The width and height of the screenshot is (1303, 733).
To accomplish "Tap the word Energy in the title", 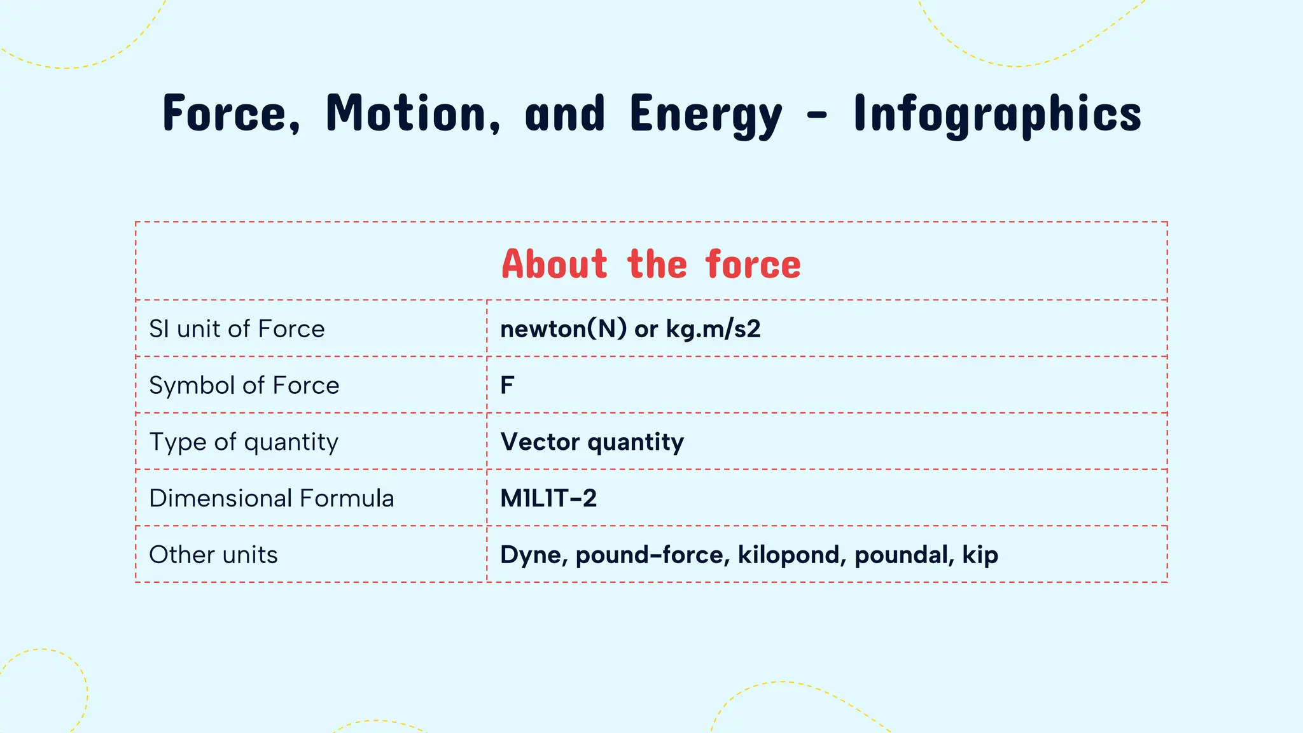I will click(706, 115).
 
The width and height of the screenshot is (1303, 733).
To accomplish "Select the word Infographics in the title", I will click(997, 115).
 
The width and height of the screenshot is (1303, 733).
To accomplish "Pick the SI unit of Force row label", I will click(237, 329).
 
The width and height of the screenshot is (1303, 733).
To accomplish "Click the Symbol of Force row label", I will click(244, 385).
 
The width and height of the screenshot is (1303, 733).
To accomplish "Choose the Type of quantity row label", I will click(244, 442).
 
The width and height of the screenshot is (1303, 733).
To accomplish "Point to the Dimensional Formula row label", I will click(271, 498).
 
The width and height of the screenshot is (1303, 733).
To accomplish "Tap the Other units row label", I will click(213, 555).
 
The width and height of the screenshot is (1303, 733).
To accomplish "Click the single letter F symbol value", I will click(507, 385).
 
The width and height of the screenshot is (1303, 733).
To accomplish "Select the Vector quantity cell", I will click(592, 442).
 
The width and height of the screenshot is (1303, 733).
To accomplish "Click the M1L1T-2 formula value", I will click(548, 498).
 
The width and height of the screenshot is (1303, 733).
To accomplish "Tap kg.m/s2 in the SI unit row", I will click(713, 329).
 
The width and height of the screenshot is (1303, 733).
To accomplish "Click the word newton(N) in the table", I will click(563, 329).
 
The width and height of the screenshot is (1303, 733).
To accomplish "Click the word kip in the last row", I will click(980, 555).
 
